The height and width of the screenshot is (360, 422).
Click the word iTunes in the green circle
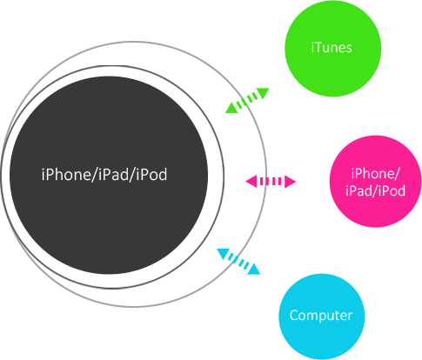coord(332,47)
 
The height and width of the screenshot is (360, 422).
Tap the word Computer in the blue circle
coord(321,316)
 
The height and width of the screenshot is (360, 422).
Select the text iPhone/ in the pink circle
coord(375,174)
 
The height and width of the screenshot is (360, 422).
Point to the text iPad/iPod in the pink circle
coord(375,190)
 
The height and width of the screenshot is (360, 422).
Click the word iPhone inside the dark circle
coord(66,175)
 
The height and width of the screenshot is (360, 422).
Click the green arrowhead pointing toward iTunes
coord(263,93)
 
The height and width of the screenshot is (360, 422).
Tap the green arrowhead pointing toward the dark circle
coord(232,108)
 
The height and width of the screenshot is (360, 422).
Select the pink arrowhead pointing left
coord(251,182)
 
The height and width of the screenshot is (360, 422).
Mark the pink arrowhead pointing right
coord(290,182)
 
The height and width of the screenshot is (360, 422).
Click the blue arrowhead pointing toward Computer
coord(254,269)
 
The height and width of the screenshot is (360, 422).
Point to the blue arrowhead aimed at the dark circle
coord(223,253)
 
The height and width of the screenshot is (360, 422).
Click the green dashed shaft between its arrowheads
coord(247,100)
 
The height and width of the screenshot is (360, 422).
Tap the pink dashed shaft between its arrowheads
coord(271,182)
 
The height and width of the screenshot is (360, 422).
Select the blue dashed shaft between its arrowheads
coord(238,261)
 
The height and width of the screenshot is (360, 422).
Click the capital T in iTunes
coord(318,47)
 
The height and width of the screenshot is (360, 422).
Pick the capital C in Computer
coord(294,315)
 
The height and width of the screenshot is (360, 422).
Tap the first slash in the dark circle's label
coord(95,175)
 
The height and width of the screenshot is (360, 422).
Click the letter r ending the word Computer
coord(350,317)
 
